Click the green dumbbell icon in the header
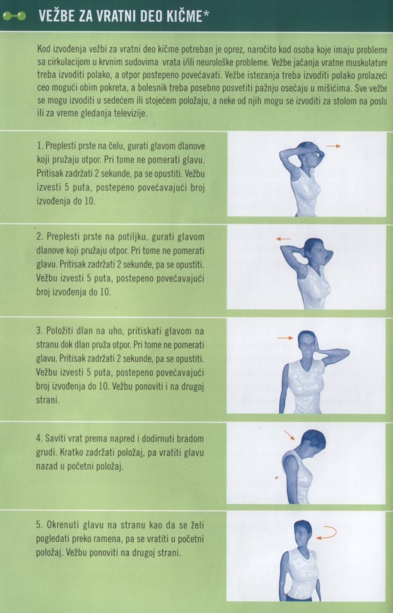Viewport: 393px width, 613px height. tap(14, 16)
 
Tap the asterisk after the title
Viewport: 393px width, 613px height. tap(206, 14)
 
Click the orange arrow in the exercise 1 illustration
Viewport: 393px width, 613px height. tap(333, 146)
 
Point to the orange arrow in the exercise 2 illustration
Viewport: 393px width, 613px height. tap(284, 239)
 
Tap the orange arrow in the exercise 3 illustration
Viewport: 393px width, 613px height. tap(285, 338)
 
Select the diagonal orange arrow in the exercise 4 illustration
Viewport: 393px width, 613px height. tap(289, 435)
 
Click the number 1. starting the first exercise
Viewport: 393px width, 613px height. tap(40, 146)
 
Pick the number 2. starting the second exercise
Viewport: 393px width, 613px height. tap(40, 237)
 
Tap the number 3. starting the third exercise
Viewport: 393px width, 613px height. tap(39, 331)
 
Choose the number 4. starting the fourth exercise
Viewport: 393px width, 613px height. tap(39, 438)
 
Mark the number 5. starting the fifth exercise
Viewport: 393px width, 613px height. tap(39, 525)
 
